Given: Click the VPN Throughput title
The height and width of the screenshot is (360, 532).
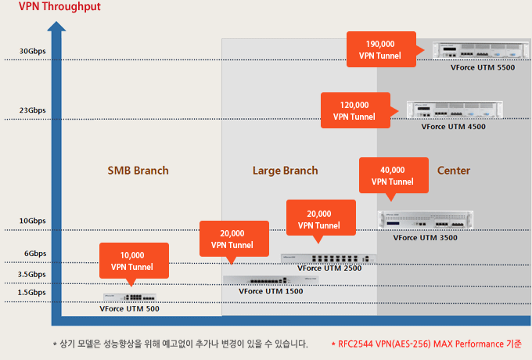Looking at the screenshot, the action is coord(59,6).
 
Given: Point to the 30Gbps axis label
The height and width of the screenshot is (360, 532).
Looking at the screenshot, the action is coord(32,51).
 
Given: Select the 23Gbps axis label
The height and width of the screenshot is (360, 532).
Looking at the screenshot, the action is coord(32,110).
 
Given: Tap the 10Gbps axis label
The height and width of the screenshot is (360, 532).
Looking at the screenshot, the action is coord(32,221).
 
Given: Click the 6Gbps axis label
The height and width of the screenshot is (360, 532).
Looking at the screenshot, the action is coord(35,254).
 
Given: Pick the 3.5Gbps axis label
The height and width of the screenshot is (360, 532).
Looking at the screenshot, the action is coord(31,274).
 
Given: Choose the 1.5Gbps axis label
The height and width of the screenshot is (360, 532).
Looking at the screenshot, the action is coord(31,293).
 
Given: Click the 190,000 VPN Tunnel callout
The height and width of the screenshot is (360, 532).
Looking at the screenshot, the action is coord(381,49).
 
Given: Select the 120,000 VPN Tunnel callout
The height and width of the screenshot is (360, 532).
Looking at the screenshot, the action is coord(355,110).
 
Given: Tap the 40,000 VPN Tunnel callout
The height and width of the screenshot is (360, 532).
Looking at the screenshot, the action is coord(394,176).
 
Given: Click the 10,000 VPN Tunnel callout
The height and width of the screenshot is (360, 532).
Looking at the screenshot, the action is coord(134,261).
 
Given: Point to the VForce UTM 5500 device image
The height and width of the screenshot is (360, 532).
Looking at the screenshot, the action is coord(481,50).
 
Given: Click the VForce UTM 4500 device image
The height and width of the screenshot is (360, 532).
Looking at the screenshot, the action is coord(455,110).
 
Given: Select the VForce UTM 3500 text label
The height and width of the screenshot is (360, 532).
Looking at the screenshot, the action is coord(425,238).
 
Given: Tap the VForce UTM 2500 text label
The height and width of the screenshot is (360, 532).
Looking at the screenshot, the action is coord(329,268).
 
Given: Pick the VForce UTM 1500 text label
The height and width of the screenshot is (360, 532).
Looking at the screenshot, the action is coord(271,291).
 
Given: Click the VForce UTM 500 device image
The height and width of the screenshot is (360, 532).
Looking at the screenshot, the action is coord(130,297).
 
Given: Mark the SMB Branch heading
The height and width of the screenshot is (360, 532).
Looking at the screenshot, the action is coord(138,171).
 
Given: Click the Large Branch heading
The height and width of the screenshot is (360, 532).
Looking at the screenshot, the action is coord(286,171).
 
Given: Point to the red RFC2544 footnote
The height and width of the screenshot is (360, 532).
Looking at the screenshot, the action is coord(426,344).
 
